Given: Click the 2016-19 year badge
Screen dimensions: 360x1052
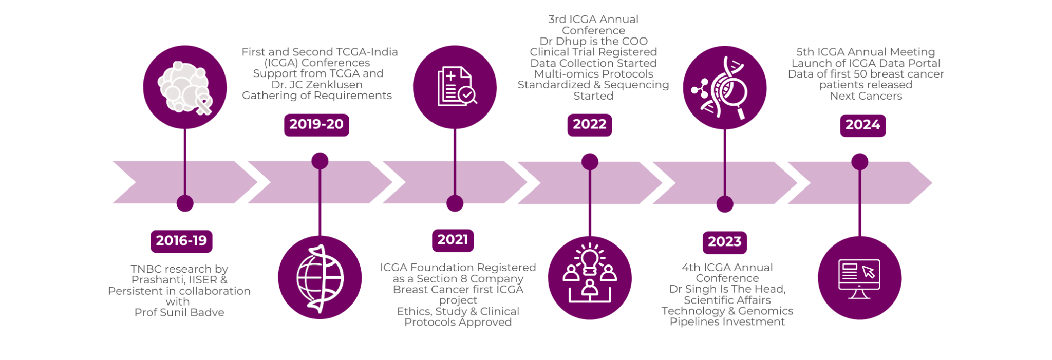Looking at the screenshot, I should tap(181, 241).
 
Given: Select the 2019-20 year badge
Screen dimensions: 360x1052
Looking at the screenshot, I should tap(316, 125).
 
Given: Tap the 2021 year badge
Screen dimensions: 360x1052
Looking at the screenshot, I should tap(453, 240).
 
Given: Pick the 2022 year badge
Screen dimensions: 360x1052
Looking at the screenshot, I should tap(589, 125).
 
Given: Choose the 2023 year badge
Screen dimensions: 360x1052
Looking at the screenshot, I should tap(724, 242).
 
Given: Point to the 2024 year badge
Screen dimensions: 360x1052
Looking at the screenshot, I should tap(862, 125).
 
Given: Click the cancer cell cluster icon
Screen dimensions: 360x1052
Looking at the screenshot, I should tap(185, 87).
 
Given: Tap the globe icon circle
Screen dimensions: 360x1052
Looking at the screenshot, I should tap(320, 278).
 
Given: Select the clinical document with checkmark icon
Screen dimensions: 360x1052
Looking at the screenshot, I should tap(455, 87).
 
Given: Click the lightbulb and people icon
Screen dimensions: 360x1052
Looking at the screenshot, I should tap(590, 278).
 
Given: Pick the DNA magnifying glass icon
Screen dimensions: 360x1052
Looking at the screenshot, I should tap(724, 88).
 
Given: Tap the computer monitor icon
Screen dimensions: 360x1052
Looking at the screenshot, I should tap(859, 278).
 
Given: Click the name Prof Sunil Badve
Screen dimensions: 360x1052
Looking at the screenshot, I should tap(179, 313).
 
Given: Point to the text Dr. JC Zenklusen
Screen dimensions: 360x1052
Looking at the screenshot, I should tap(317, 85).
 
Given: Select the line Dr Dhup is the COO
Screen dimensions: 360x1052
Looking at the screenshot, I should tap(593, 41).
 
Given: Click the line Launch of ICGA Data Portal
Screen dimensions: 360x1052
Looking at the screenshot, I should tap(866, 63).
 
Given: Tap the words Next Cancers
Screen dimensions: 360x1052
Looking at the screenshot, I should tap(866, 96).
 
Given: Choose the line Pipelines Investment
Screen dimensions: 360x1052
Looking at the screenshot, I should tap(727, 322).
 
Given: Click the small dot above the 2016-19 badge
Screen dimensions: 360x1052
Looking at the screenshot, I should tap(185, 203).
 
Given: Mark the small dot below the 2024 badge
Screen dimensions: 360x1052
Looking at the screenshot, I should tap(859, 162).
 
